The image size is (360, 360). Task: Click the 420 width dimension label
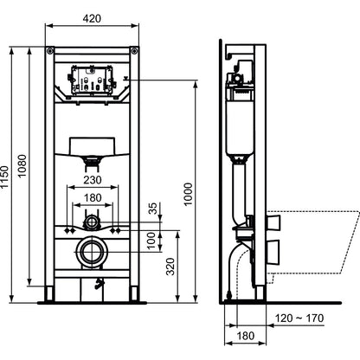[x=92, y=18]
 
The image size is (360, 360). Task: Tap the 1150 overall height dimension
[x=4, y=177]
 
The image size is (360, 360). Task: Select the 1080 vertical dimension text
[x=22, y=166]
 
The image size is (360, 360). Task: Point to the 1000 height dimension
[x=188, y=194]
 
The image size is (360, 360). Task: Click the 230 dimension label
[x=93, y=180]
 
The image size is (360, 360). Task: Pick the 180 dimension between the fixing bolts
[x=93, y=197]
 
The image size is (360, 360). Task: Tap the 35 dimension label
[x=154, y=209]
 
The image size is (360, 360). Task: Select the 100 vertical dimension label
[x=151, y=241]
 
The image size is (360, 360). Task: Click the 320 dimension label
[x=170, y=267]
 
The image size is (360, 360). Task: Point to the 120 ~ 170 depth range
[x=299, y=318]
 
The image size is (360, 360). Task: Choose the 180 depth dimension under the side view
[x=246, y=336]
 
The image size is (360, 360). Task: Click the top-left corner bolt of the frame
[x=49, y=51]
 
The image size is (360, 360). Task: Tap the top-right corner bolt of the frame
[x=134, y=51]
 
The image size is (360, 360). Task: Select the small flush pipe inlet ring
[x=92, y=222]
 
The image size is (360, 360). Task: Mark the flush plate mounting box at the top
[x=92, y=80]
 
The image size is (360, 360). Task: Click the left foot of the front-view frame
[x=49, y=293]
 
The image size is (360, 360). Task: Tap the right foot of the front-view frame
[x=134, y=293]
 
